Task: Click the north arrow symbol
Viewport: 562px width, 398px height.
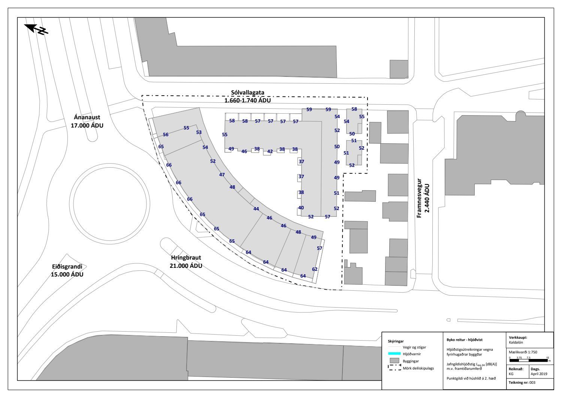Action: click(36, 29)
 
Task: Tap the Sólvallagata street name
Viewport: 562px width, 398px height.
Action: click(248, 92)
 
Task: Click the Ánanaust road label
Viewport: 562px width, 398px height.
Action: click(87, 117)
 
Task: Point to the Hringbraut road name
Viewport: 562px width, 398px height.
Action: click(186, 258)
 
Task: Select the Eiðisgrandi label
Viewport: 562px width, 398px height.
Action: click(67, 267)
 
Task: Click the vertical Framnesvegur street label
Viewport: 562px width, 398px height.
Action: click(419, 198)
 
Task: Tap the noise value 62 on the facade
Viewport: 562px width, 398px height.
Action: click(315, 269)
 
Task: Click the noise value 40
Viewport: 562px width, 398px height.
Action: click(301, 208)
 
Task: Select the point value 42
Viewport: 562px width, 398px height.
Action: click(270, 152)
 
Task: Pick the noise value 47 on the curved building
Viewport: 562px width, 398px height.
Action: click(222, 175)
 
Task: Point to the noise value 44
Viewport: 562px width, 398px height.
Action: click(256, 209)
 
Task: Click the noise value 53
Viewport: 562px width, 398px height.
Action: click(199, 132)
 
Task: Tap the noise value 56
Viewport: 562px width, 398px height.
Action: click(166, 134)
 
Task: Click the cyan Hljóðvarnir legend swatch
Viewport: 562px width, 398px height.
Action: click(394, 353)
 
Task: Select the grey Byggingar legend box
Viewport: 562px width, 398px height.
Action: click(394, 360)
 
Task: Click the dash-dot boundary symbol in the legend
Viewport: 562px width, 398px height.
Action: click(394, 367)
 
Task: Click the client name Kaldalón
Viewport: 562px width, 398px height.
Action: click(516, 342)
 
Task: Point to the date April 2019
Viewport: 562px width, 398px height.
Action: click(539, 374)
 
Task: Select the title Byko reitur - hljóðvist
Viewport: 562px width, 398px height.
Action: click(465, 340)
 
